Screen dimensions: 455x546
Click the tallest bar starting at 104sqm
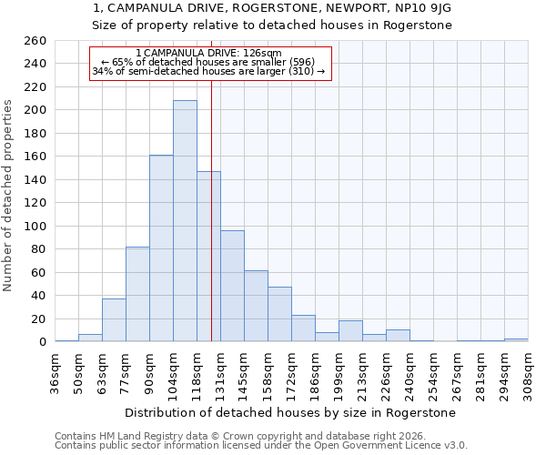(x=185, y=221)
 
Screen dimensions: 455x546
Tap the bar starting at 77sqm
(x=137, y=294)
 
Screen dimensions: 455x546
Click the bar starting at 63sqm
(x=114, y=320)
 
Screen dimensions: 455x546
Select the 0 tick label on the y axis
(x=42, y=342)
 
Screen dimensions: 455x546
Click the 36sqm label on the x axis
(x=56, y=372)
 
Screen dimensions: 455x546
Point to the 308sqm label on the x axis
(x=528, y=372)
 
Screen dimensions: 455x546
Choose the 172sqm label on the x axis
(x=292, y=372)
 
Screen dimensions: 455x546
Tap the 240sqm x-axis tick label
(x=409, y=372)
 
